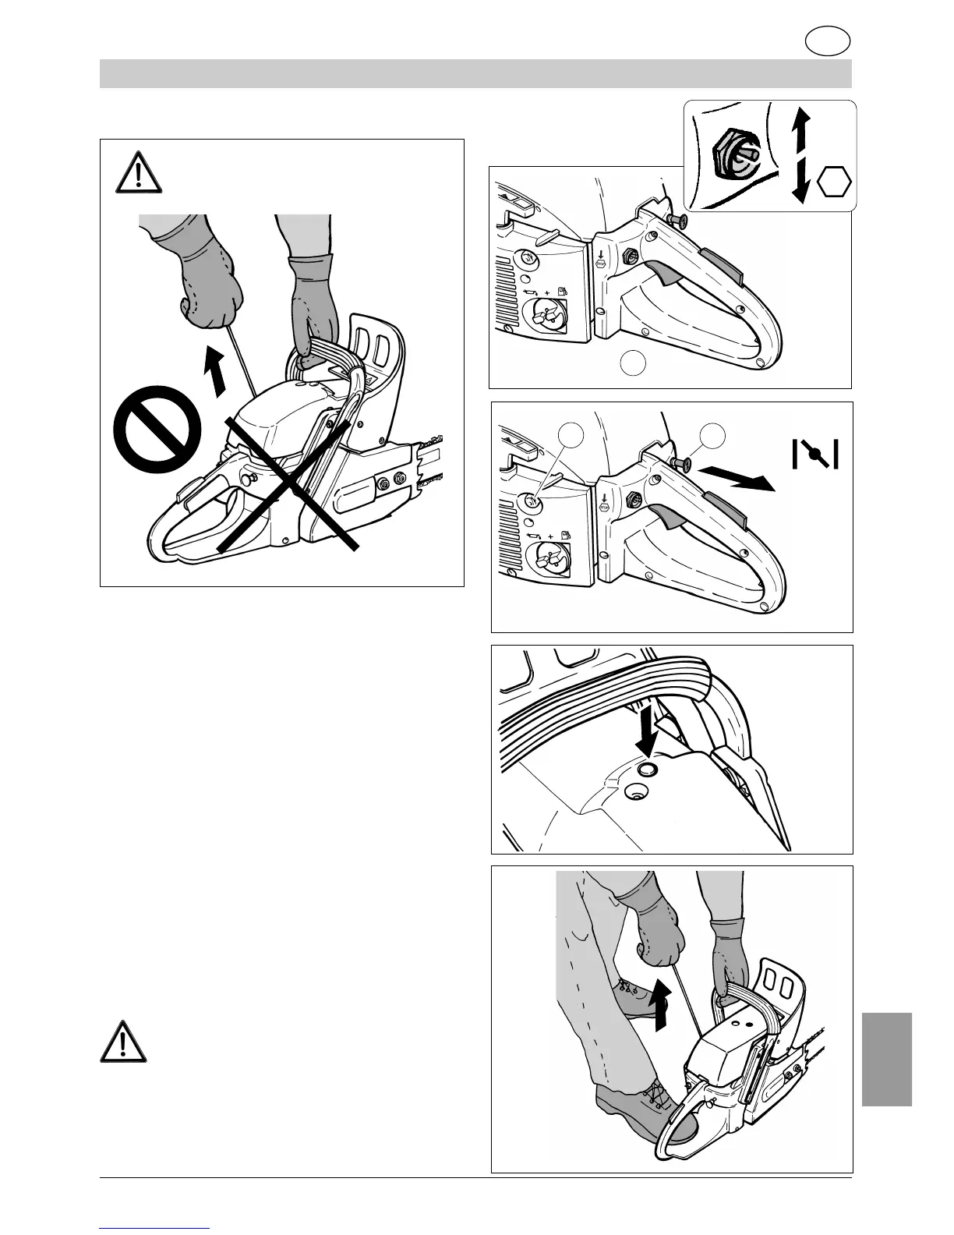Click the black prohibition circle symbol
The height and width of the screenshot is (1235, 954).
pos(158,428)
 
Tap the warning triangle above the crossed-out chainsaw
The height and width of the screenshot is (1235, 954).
pos(139,172)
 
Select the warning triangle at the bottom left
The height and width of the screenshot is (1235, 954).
pos(123,1039)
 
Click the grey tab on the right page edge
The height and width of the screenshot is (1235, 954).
pos(887,1059)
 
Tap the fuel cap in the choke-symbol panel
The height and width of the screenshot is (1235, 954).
pos(549,559)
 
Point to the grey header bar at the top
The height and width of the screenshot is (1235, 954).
pos(475,74)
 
